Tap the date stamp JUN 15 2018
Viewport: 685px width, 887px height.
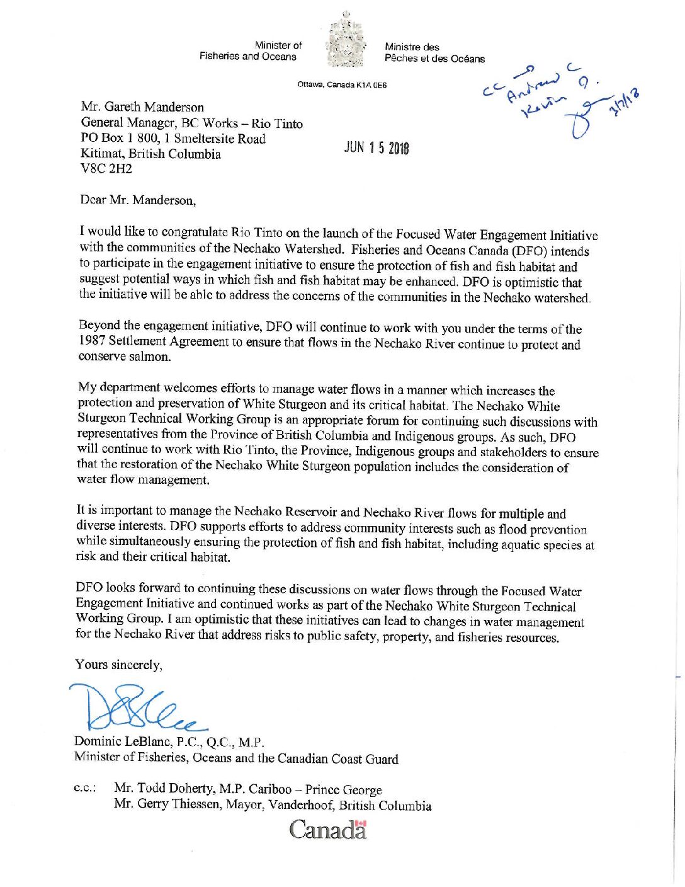(376, 147)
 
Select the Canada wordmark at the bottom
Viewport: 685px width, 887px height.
(328, 829)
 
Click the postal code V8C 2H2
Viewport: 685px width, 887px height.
(106, 169)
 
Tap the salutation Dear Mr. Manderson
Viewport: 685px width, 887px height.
(138, 200)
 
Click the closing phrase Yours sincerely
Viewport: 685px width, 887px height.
(118, 665)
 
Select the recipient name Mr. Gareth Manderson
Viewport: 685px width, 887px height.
(142, 106)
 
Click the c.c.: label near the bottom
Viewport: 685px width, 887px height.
(85, 788)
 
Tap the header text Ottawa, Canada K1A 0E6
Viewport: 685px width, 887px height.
(342, 84)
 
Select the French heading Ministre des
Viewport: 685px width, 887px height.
(412, 47)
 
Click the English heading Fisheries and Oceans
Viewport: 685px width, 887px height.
(247, 56)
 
